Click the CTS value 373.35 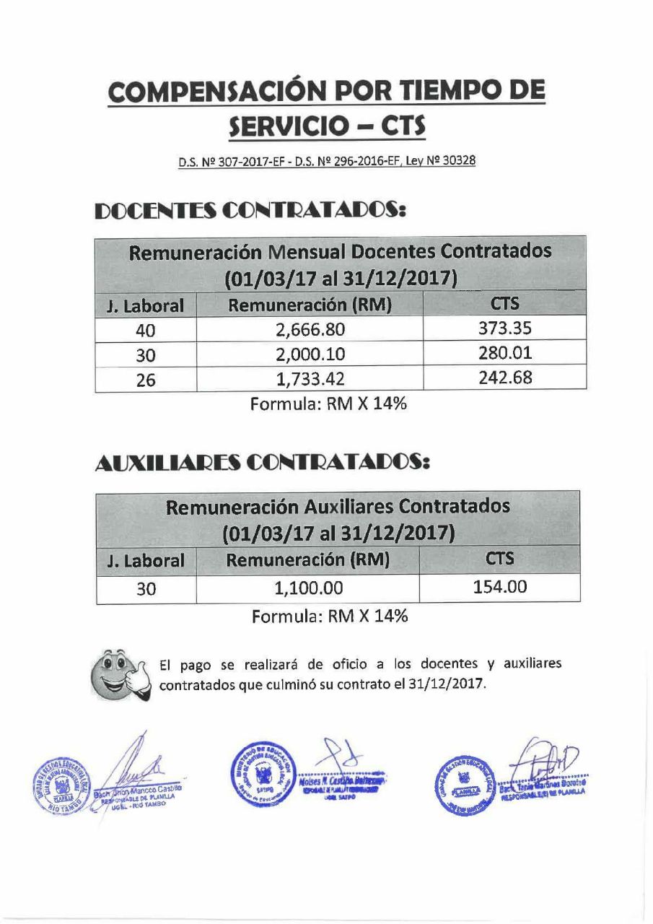pos(505,329)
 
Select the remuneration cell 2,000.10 pos(310,354)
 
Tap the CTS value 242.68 pos(505,378)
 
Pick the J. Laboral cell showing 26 pos(146,380)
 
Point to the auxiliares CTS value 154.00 pos(499,587)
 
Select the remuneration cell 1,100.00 pos(308,588)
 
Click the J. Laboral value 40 pos(146,331)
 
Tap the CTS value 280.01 pos(505,353)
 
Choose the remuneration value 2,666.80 pos(310,330)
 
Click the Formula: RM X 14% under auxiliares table pos(330,617)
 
